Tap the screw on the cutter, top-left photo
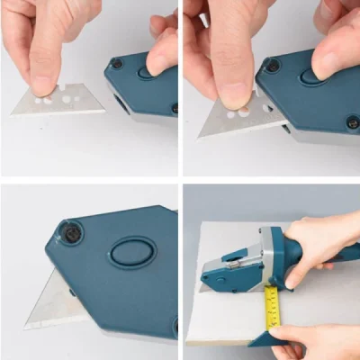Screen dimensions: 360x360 pyautogui.click(x=116, y=64)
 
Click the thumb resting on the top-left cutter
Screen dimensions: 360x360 pyautogui.click(x=163, y=55)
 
